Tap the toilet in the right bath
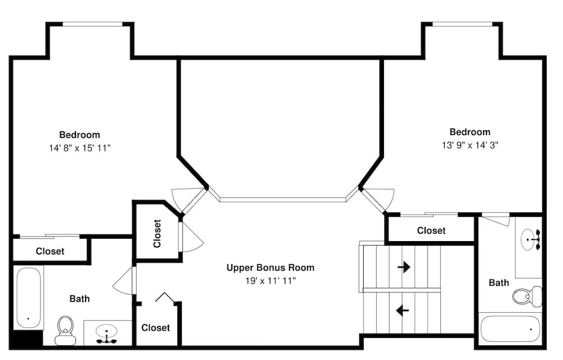pos(527,296)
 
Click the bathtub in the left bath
pos(29,297)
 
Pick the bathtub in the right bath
pos(510,329)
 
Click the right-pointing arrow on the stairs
pos(404,267)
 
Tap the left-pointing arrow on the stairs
pos(403,310)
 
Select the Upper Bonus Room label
pos(270,268)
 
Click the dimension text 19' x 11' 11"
pos(270,281)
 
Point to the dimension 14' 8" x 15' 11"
pos(80,148)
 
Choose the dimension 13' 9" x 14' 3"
pos(470,145)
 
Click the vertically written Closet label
pos(157,234)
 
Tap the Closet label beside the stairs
pos(431,230)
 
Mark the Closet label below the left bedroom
pos(50,251)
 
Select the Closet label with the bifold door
pos(155,328)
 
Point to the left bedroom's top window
pos(93,24)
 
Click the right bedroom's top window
pos(462,24)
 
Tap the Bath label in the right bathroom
pos(499,283)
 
